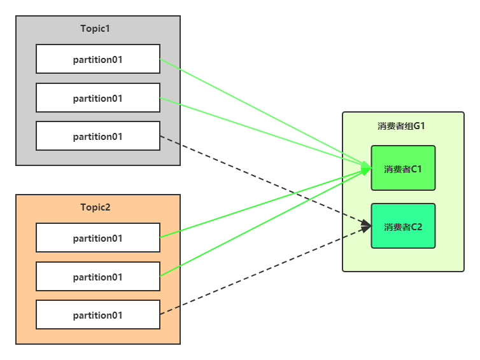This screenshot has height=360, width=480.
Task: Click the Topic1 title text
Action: (x=95, y=29)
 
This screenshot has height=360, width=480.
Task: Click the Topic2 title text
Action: (x=95, y=207)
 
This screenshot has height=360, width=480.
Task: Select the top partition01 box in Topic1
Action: (x=98, y=59)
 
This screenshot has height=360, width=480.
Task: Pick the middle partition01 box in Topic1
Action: (x=98, y=97)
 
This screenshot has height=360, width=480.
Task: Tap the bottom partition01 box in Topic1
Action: (x=98, y=136)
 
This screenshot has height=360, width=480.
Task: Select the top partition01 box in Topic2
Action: (x=98, y=238)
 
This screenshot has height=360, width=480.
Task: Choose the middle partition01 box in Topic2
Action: (x=98, y=276)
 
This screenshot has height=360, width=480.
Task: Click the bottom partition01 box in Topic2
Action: (x=98, y=314)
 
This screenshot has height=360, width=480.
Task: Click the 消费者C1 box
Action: (x=403, y=168)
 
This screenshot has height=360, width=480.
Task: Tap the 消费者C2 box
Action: (x=403, y=226)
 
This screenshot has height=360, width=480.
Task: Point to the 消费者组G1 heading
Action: (x=401, y=126)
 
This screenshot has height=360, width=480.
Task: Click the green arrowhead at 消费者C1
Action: (x=367, y=168)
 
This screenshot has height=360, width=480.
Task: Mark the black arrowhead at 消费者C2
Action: (x=367, y=226)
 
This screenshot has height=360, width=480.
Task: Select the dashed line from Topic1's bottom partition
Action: (x=265, y=181)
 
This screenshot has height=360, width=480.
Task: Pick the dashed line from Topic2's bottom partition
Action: (x=265, y=270)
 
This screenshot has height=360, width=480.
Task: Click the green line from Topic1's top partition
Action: (x=265, y=113)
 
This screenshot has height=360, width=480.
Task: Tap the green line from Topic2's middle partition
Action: (x=265, y=222)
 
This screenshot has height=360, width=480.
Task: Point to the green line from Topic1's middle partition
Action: (x=265, y=133)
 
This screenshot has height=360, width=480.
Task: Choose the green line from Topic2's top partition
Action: (x=265, y=203)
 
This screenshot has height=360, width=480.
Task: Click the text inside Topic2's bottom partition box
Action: (x=97, y=315)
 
